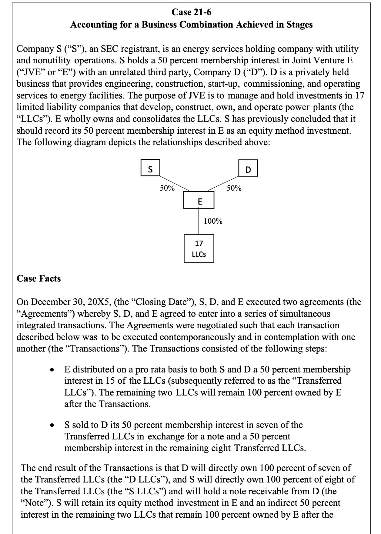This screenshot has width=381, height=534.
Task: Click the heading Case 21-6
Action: coord(191,12)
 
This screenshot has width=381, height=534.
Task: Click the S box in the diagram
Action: coord(150,169)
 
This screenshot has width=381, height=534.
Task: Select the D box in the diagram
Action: coord(248,169)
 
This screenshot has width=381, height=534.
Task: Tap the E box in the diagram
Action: coord(199,201)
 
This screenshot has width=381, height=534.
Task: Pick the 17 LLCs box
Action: coord(199,248)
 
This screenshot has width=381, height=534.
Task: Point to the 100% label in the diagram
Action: coord(213,221)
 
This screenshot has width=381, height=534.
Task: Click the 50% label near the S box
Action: coord(167,188)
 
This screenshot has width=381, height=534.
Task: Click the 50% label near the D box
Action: coord(234,188)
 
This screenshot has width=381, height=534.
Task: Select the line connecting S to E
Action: coord(174,183)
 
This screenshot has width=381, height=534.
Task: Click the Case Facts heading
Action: coord(39,279)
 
